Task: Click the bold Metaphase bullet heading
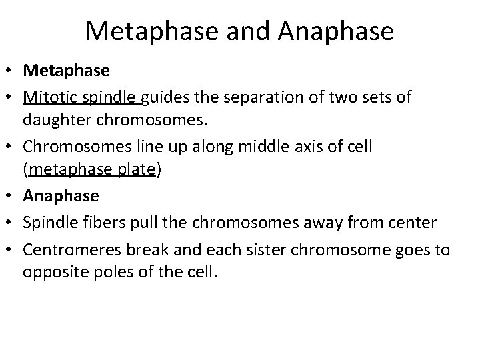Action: (x=58, y=69)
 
